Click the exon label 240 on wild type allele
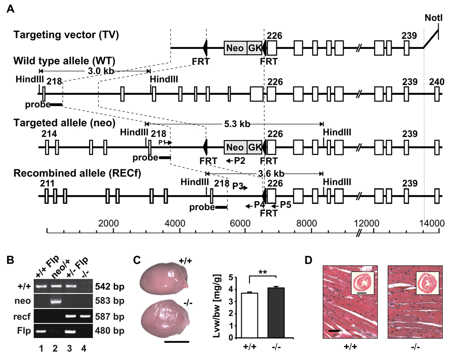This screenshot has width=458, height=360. [x=436, y=82]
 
